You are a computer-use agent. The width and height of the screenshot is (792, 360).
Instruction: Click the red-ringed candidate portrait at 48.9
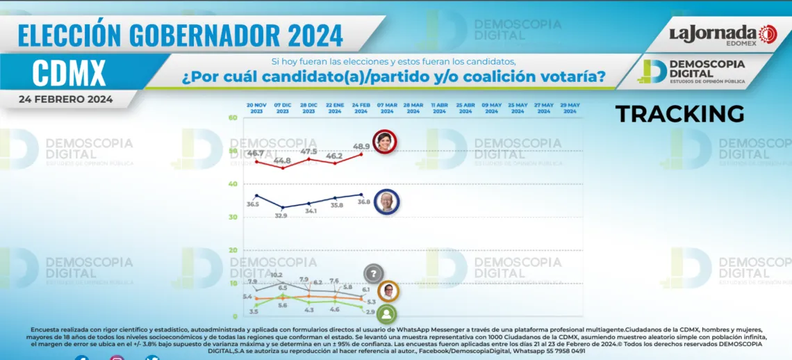[x=386, y=142]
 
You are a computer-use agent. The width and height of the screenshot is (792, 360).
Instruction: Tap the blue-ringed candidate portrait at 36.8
[x=386, y=202]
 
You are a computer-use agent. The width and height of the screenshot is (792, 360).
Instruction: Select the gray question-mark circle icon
[x=374, y=274]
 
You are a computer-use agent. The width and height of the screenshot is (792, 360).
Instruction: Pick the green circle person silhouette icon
[x=388, y=314]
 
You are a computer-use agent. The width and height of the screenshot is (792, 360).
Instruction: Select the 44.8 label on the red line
[x=283, y=161]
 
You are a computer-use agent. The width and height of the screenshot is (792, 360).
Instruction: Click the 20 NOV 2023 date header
[x=256, y=108]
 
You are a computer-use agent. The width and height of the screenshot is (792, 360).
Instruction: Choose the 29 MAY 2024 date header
[x=570, y=108]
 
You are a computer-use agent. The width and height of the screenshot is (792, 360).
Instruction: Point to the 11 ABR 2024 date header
[x=439, y=108]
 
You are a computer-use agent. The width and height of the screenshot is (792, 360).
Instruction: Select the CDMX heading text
[x=69, y=72]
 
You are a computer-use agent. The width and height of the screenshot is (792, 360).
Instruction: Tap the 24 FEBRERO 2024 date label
[x=66, y=99]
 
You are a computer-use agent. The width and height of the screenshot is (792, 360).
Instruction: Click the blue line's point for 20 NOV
[x=256, y=195]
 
